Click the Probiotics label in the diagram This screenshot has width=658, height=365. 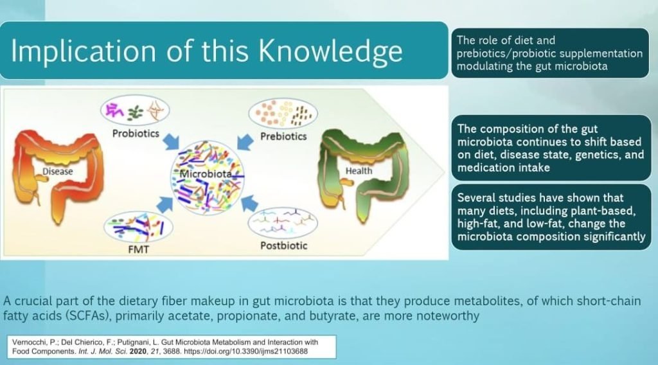coord(136,134)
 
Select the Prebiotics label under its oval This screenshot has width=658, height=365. coord(283,136)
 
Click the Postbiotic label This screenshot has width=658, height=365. coord(283,245)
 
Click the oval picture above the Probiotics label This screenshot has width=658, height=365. coord(135,111)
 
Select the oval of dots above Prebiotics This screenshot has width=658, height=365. coord(283,114)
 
